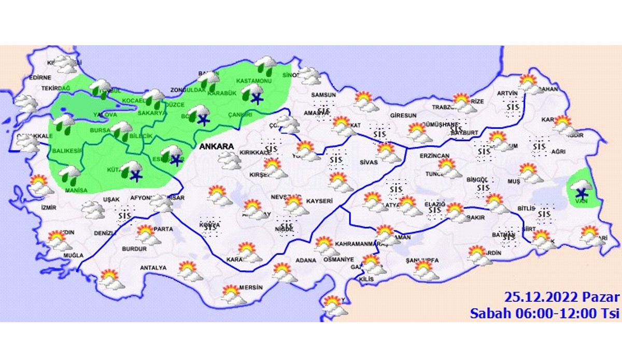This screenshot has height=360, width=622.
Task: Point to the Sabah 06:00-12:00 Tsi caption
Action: tap(545, 313)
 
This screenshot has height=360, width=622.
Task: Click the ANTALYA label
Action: tap(153, 268)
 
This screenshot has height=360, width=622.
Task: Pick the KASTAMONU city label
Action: tap(254, 81)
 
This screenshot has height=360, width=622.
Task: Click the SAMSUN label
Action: tap(323, 95)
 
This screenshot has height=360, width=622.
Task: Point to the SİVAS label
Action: tap(368, 162)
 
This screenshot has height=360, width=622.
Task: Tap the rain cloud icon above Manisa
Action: tap(70, 175)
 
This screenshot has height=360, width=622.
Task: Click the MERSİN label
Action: tap(251, 287)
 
